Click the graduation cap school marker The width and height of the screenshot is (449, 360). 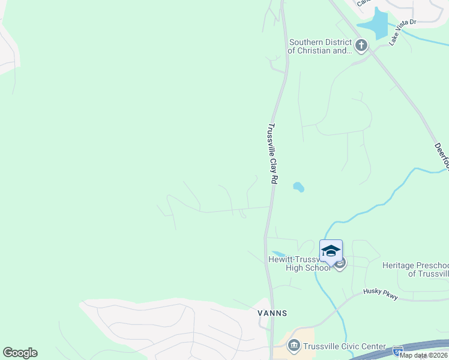click(x=331, y=251)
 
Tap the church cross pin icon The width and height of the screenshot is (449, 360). click(x=361, y=46)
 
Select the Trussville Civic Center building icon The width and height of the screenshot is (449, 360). click(x=294, y=345)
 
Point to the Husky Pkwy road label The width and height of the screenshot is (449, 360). click(x=380, y=293)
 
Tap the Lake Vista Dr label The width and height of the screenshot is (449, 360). click(x=402, y=33)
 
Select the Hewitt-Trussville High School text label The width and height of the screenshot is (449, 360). click(x=299, y=264)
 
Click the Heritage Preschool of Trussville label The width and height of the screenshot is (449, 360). click(x=415, y=269)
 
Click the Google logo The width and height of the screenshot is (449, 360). click(x=20, y=353)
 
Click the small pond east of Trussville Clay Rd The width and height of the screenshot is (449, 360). click(x=298, y=187)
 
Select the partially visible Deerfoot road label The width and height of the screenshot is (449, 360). click(x=441, y=155)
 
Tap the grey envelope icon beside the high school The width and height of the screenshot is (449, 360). click(x=340, y=264)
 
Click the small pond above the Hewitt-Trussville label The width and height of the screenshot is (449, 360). click(x=277, y=254)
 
